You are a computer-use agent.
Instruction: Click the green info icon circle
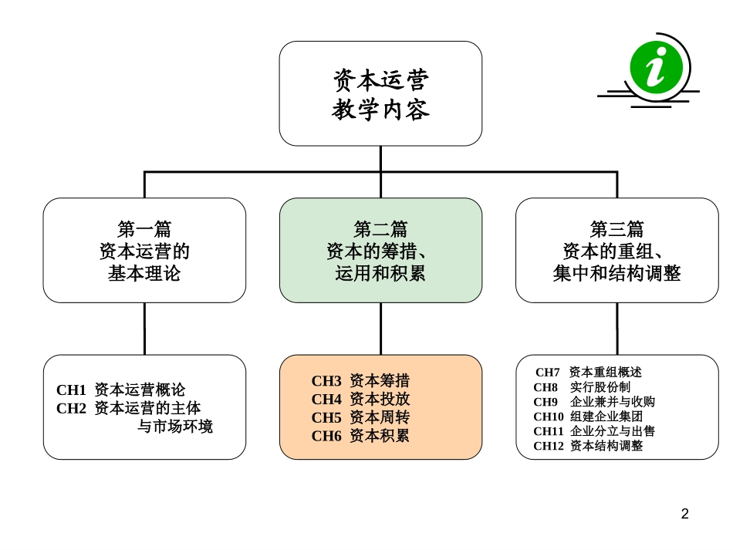656,66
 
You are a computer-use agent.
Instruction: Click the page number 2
684,514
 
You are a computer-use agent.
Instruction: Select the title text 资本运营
380,79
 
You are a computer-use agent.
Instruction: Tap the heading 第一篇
144,229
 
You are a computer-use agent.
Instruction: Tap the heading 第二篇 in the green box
380,229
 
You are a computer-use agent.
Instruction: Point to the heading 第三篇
616,229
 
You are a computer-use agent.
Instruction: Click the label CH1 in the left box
71,390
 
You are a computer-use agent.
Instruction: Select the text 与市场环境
175,427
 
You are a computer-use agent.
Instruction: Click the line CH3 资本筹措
360,381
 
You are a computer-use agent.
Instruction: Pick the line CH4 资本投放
360,400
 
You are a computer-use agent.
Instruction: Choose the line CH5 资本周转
360,417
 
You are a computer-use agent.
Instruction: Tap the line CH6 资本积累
360,436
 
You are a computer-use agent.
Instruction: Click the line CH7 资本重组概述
588,373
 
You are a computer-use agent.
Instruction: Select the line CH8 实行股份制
582,387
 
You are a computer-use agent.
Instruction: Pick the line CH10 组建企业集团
588,417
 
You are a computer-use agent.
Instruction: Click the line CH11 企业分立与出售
594,431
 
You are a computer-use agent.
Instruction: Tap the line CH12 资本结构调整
588,446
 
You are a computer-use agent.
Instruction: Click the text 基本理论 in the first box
144,273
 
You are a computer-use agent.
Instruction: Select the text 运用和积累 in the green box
380,273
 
